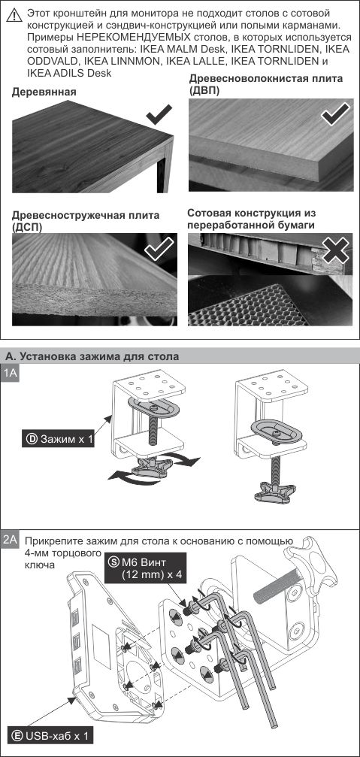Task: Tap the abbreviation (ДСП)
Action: click(28, 226)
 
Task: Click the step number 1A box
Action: click(11, 374)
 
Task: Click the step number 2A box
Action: click(11, 540)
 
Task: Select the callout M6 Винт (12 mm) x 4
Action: click(147, 567)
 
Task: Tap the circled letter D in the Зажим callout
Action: click(31, 438)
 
